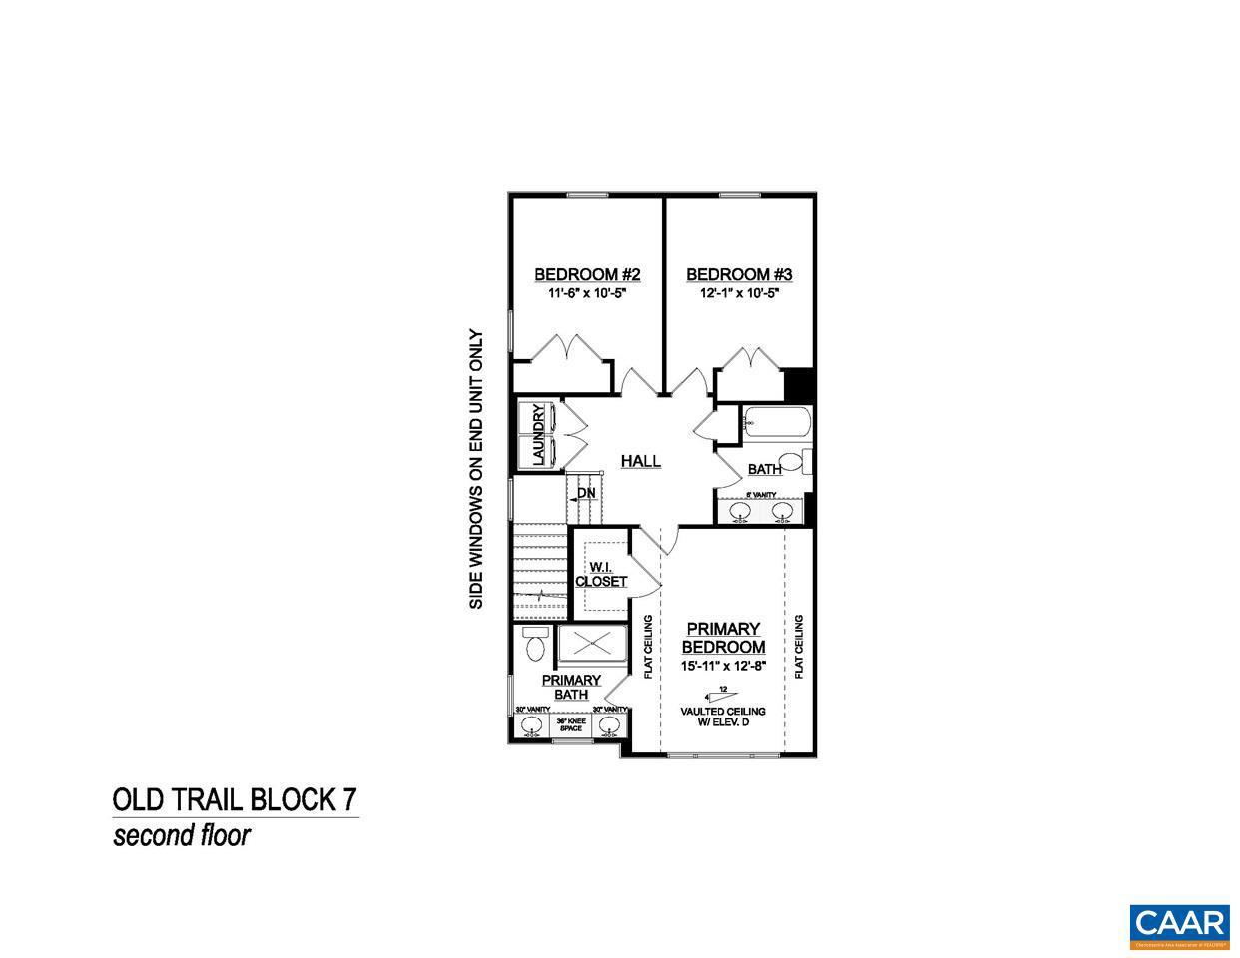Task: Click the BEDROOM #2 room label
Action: pos(587,274)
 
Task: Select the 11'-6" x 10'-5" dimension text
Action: pos(587,294)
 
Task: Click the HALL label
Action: pos(641,461)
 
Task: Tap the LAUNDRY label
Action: pos(539,435)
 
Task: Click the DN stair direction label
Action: pos(586,493)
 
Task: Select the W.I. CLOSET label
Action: pos(601,574)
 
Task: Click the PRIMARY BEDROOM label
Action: pos(724,638)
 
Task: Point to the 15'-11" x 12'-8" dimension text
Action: pos(724,666)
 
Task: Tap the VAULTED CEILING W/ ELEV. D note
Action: pos(723,717)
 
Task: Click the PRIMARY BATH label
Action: pos(571,688)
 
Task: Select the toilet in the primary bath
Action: pos(533,645)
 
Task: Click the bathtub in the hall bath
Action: pos(777,424)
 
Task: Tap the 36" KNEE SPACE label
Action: pos(571,725)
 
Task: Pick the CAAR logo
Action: pos(1179,924)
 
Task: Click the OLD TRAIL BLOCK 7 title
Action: pos(235,800)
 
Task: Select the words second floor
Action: pos(181,835)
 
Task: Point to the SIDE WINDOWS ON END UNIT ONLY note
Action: pos(476,470)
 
